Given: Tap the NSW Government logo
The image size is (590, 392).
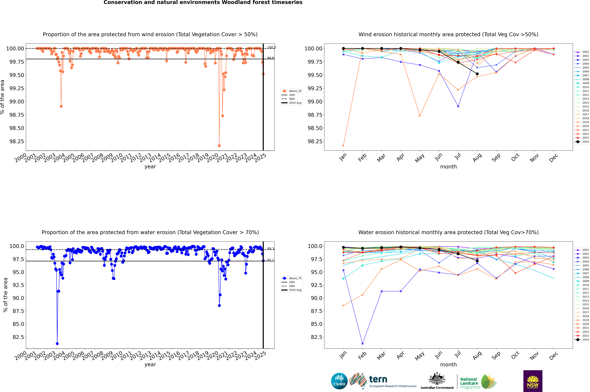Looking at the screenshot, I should tap(533, 381).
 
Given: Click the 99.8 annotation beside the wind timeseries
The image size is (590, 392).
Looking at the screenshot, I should tap(270, 58).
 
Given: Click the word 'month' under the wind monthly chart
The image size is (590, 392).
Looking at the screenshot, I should tap(448, 167).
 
